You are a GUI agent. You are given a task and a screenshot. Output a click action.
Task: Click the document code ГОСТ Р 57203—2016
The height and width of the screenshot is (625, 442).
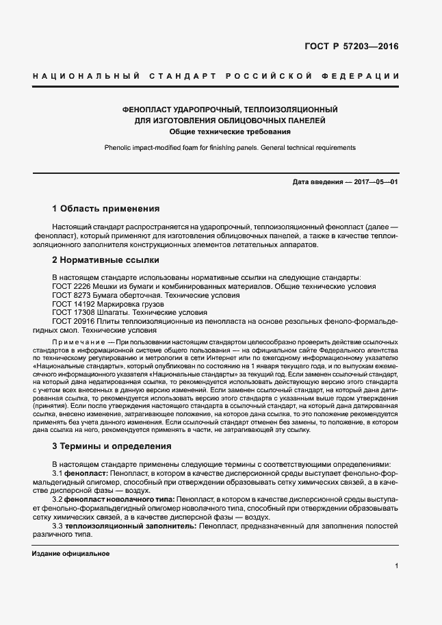351,47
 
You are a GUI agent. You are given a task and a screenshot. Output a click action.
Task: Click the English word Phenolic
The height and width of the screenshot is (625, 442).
120,147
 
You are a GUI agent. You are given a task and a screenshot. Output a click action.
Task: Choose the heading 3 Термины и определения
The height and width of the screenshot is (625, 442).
112,446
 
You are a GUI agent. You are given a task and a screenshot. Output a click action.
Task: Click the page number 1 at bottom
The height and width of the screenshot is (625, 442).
397,566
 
